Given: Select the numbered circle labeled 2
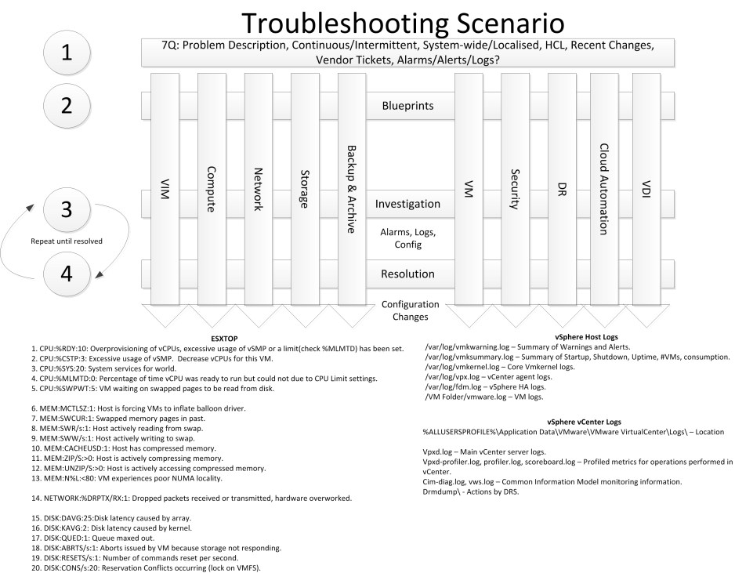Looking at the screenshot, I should pos(67,105).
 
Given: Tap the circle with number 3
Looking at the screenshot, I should pos(67,209).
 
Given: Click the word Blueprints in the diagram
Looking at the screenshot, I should pos(407,106).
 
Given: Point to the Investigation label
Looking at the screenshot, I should pos(407,204).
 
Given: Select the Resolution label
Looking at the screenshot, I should pos(407,274).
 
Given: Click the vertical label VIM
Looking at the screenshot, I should pos(165,188).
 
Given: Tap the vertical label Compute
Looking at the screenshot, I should pos(211,188).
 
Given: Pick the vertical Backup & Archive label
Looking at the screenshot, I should pos(351,188).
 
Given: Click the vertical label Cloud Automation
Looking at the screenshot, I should pos(603,188).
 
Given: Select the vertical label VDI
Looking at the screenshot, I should pos(646,188).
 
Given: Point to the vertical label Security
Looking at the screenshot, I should pos(515,188).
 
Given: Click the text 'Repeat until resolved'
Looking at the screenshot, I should pos(66,241).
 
